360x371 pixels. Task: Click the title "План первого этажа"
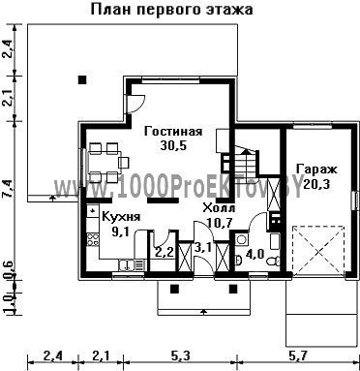171,10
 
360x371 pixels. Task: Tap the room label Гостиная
173,132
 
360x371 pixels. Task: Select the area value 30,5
173,145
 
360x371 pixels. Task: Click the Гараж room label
316,170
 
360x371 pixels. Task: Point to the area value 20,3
316,184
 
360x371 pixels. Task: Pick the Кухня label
121,217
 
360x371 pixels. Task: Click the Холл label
219,208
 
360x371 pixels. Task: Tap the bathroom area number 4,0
255,254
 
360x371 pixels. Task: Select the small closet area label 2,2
165,252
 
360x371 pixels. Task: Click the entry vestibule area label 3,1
203,248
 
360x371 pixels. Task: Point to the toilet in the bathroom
273,261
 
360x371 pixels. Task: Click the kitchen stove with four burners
93,239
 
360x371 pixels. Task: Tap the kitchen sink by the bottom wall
132,265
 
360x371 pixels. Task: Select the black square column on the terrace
82,79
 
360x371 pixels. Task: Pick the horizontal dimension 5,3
180,356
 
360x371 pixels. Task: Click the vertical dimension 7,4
9,189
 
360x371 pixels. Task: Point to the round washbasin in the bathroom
241,239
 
